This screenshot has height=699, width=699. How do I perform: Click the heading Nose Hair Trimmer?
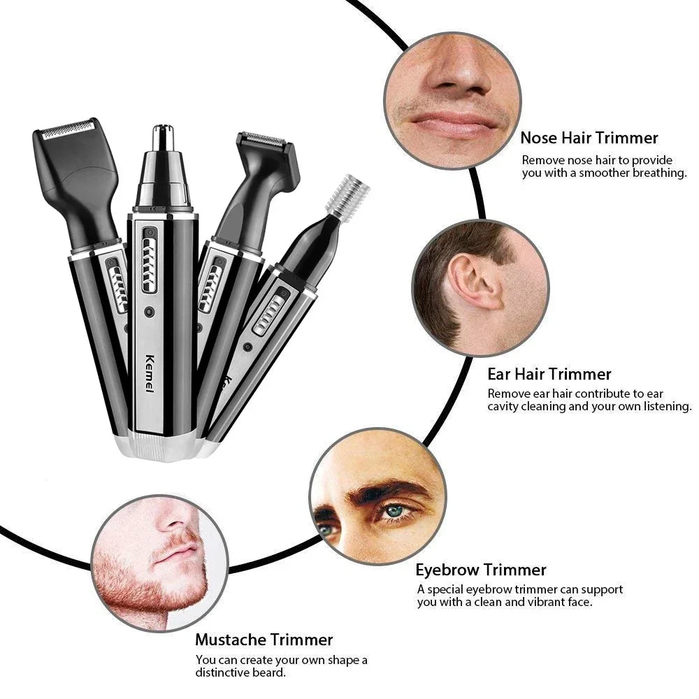[x=589, y=138]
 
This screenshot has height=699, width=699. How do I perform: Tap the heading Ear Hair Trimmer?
[x=549, y=374]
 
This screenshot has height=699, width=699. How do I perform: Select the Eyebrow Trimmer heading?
[x=481, y=570]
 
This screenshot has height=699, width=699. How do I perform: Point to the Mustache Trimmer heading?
[x=264, y=639]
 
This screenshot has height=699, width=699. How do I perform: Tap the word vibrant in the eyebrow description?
[x=540, y=602]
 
